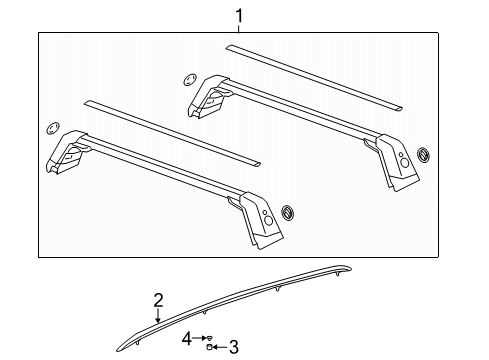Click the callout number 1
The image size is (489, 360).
coord(238,15)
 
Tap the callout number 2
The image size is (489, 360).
coord(158,300)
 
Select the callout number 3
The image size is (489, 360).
coord(234,348)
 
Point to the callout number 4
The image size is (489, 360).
coord(186,338)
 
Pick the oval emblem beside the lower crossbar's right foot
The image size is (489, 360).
coord(289,213)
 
